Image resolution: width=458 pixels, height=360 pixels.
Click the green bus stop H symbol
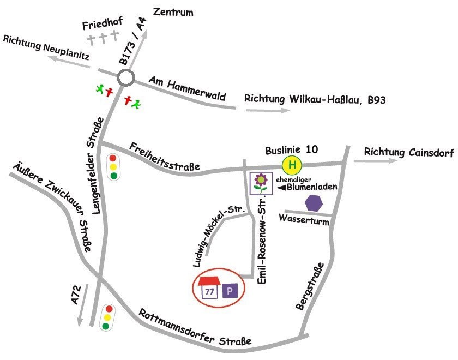292,164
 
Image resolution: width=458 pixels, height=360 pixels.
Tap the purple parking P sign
229,291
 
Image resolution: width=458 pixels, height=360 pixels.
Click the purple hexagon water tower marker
314,203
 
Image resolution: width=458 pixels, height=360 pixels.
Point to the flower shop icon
261,183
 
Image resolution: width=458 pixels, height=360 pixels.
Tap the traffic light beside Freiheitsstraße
113,167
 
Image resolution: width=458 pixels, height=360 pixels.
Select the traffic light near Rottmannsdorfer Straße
106,317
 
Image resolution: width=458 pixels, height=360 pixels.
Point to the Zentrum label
173,12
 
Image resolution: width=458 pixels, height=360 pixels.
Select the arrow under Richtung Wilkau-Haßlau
267,110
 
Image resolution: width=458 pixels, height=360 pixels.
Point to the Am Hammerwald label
186,89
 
